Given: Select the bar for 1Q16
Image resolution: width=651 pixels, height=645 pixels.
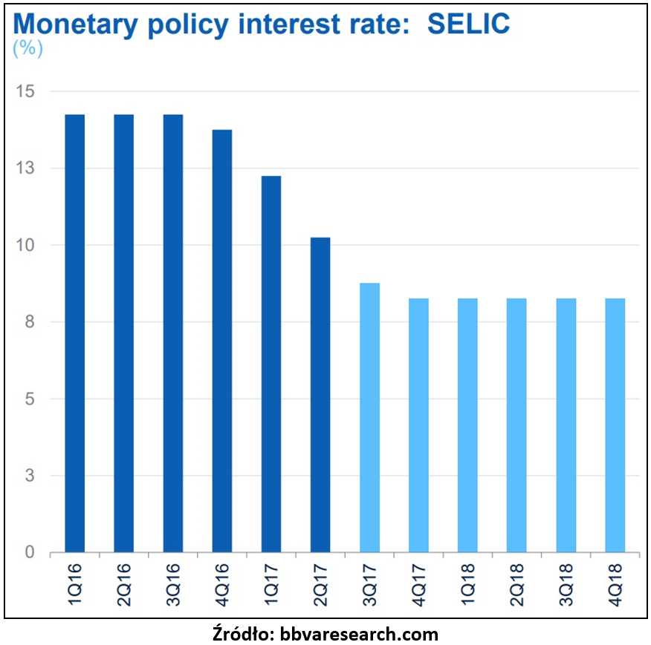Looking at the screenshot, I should point(74,334).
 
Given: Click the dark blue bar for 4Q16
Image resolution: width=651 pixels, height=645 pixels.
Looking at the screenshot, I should point(221,341).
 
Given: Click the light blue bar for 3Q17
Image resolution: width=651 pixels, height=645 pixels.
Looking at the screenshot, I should point(369,418).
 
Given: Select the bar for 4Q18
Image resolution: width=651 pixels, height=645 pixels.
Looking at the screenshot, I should point(615,425).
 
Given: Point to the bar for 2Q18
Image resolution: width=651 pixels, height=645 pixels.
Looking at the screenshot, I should point(516,425).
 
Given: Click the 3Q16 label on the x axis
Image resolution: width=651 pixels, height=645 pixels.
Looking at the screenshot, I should point(173,584).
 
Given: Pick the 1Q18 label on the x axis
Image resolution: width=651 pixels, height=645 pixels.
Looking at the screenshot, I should point(467,584).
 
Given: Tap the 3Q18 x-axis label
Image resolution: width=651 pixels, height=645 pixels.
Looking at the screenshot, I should point(566,584).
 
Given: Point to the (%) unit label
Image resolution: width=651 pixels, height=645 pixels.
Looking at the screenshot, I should point(27,48).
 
